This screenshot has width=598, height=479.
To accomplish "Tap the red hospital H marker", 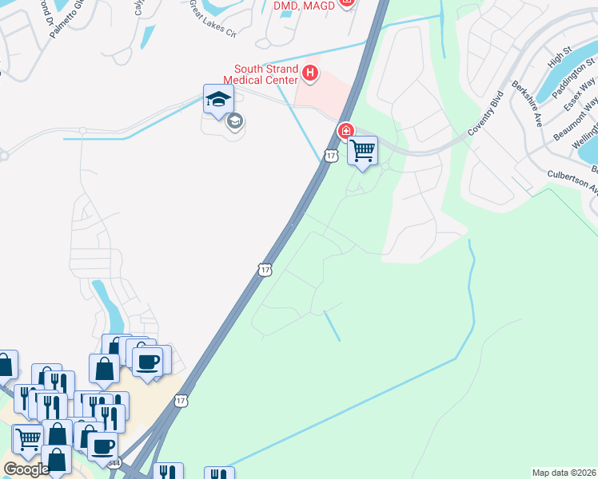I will pos(311,75).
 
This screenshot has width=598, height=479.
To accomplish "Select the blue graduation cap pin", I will pos(218,100).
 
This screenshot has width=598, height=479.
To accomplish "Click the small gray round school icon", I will pos(234,121).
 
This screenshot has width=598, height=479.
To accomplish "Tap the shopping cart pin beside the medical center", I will pos(362,150).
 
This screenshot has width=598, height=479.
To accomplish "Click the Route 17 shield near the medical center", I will pos(330,156).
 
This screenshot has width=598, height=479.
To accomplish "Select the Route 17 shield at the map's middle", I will pos(265,270).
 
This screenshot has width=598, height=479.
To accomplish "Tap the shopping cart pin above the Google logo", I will pos(27,438).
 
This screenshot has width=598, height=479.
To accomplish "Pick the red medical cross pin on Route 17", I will pos(346,130).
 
